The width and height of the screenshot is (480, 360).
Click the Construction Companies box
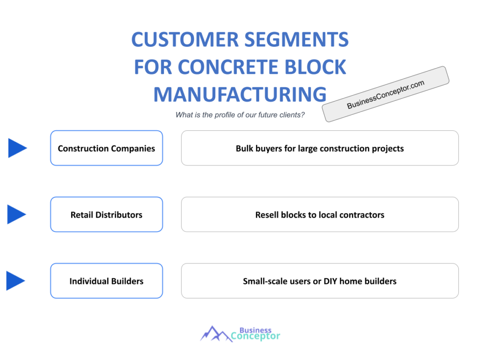tap(106, 148)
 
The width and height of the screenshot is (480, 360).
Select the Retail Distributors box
tap(106, 215)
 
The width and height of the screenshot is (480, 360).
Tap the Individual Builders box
tap(106, 281)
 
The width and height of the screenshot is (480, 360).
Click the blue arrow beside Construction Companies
tap(17, 148)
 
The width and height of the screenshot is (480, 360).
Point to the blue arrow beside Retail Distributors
tap(17, 214)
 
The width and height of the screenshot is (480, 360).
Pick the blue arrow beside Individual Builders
tap(16, 281)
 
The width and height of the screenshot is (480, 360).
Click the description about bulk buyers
tap(320, 148)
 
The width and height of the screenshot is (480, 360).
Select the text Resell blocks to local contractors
tap(320, 215)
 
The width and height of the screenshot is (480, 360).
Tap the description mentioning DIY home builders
tap(320, 281)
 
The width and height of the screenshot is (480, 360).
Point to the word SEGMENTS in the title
tap(300, 40)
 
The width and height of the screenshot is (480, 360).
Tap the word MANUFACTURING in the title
tap(240, 95)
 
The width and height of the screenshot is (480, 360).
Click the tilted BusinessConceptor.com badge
tap(385, 94)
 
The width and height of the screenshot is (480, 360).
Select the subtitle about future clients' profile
tap(240, 115)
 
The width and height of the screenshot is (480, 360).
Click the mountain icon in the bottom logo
tap(215, 333)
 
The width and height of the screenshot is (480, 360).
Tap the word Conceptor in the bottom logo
tap(256, 336)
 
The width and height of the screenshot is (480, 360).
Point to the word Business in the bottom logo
tap(255, 330)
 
